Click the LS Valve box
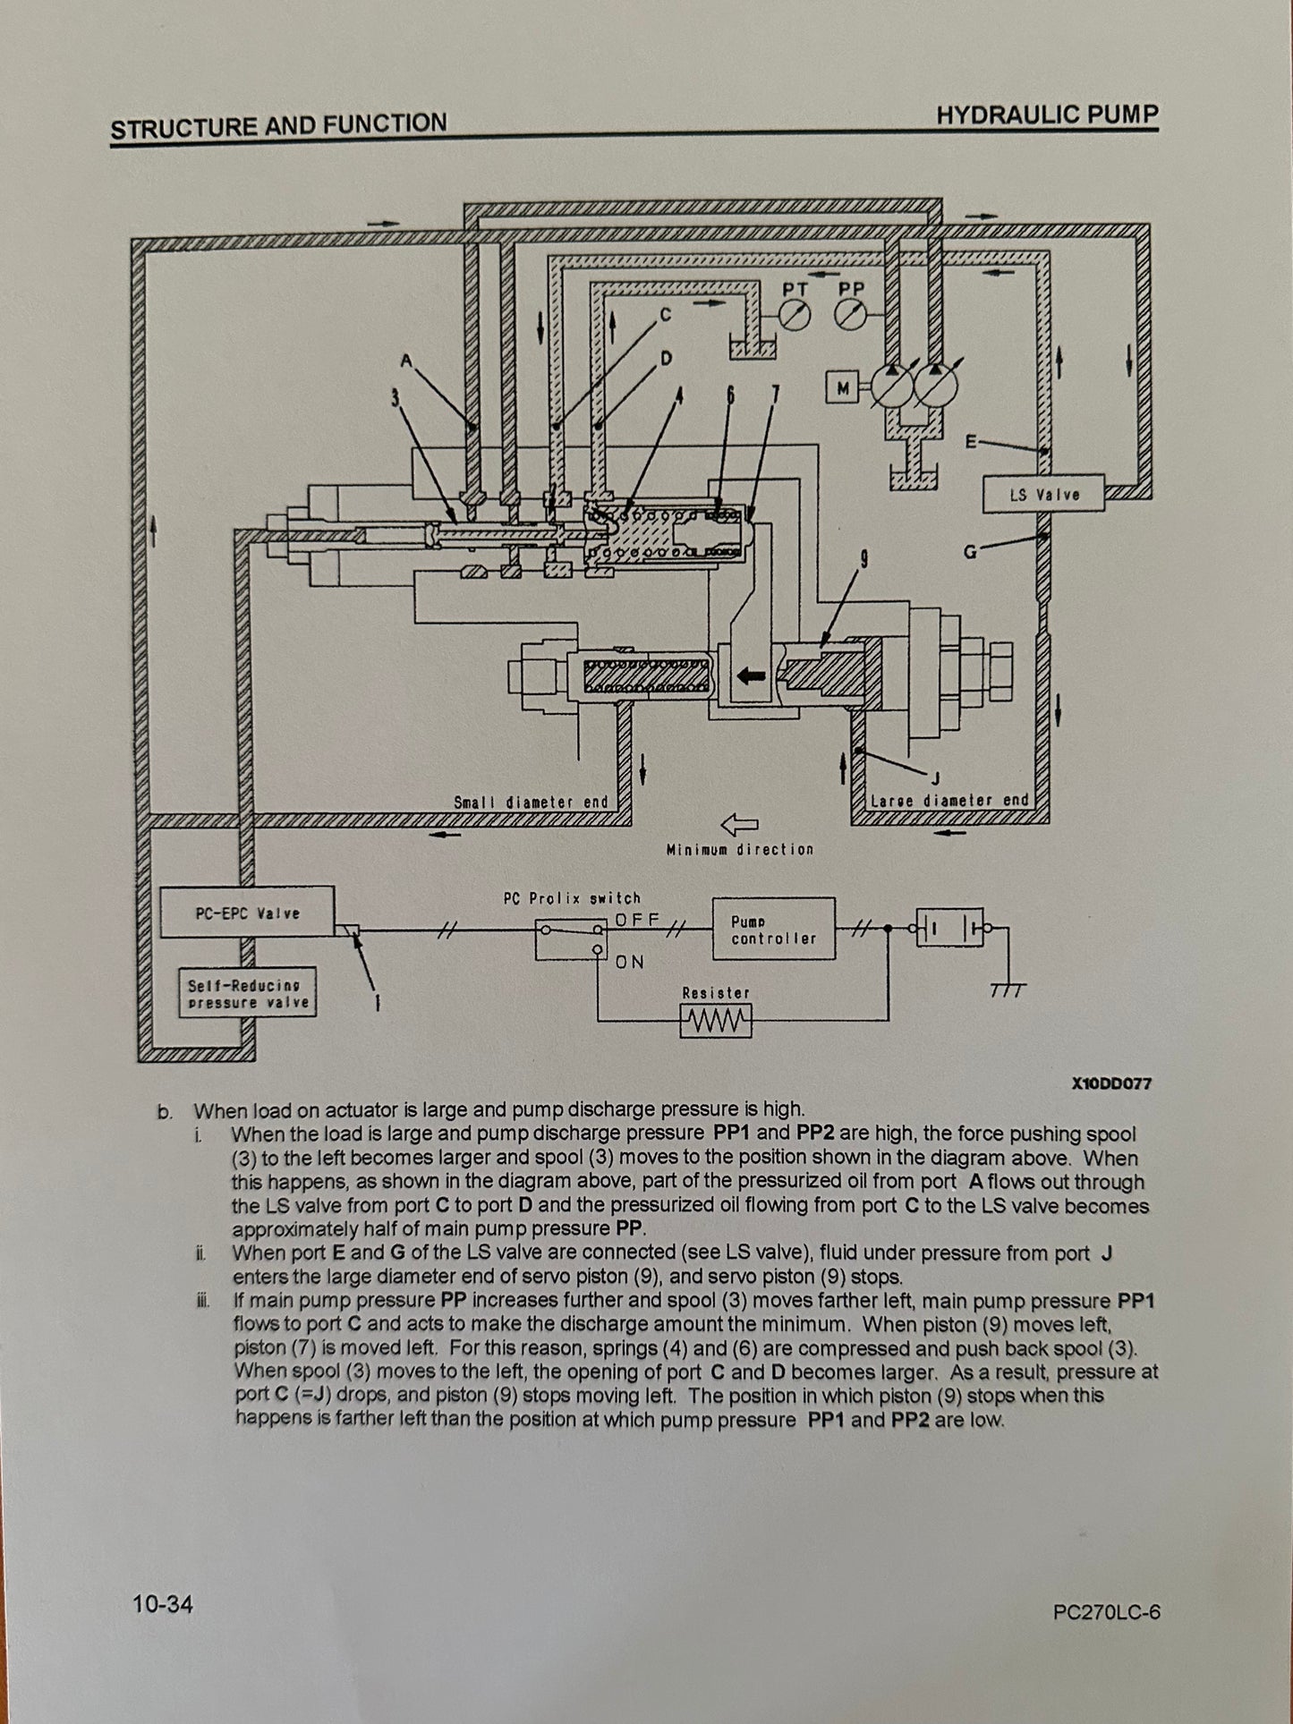(x=1044, y=494)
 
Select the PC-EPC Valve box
(x=247, y=913)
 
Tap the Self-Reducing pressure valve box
(x=248, y=993)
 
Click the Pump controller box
(x=773, y=930)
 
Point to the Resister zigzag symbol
(x=716, y=1021)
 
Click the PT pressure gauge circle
(x=795, y=315)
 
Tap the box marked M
(x=842, y=387)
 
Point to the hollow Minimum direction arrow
(x=739, y=823)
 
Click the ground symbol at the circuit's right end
(x=1008, y=988)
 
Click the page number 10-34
(x=162, y=1604)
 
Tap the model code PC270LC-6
(x=1107, y=1612)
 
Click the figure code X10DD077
(x=1112, y=1083)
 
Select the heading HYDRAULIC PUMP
(x=1047, y=115)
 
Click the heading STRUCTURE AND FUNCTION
(x=278, y=125)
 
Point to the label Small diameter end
(x=531, y=803)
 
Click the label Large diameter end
(x=949, y=800)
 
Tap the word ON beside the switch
(x=630, y=962)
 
